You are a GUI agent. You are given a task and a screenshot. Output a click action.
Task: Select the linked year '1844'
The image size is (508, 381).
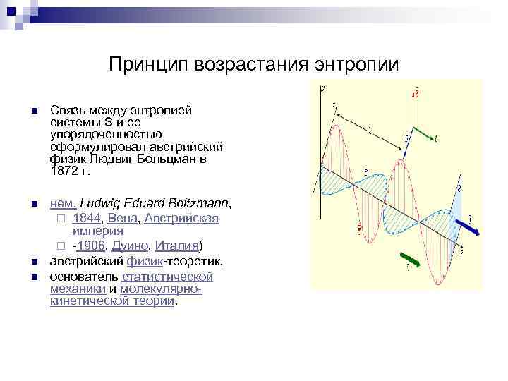point(85,218)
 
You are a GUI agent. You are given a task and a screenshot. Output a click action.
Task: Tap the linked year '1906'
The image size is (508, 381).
point(90,246)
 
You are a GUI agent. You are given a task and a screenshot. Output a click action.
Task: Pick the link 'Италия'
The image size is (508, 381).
point(176,246)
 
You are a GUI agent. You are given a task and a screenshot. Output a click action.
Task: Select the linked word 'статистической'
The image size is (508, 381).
point(167,276)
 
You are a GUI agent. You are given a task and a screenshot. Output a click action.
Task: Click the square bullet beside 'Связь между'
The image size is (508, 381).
point(32,112)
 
